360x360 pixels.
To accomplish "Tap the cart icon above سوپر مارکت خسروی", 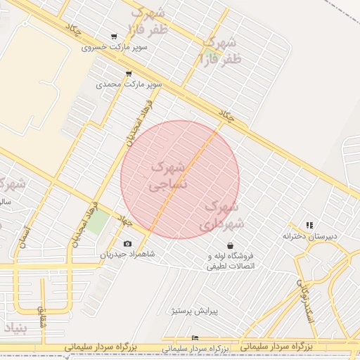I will (114, 37).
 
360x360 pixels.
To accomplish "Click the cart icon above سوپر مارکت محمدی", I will (128, 73).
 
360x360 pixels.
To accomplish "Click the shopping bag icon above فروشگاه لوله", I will (231, 245).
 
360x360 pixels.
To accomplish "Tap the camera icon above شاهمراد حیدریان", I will (127, 243).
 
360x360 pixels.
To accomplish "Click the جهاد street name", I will (124, 221).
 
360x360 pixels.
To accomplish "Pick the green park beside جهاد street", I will (99, 222).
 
